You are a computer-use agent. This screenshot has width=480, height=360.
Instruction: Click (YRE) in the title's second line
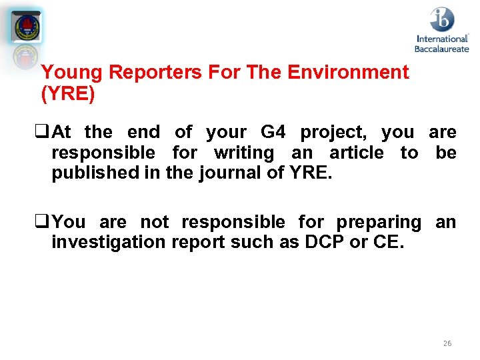(68, 94)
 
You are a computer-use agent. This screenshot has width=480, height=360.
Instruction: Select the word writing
(243, 153)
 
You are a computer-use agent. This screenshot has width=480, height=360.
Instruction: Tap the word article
(357, 153)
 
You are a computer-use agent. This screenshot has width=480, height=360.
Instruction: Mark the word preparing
(379, 222)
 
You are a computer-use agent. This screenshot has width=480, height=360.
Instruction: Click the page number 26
(447, 343)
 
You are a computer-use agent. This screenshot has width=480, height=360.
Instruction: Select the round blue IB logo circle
(441, 19)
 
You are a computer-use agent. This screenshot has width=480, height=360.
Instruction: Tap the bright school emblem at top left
(27, 27)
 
